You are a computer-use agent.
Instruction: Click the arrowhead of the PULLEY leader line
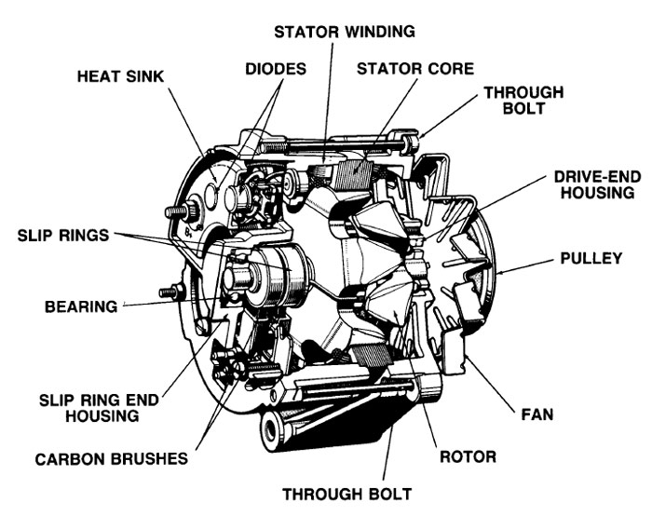pyautogui.click(x=499, y=273)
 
